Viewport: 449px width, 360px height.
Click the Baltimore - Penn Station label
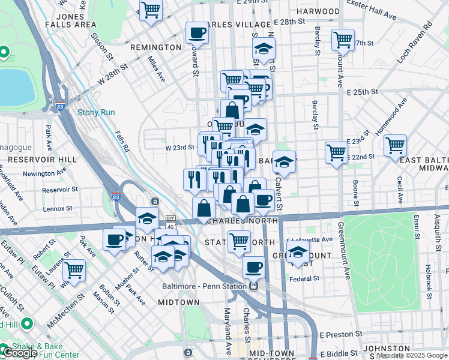(x=205, y=286)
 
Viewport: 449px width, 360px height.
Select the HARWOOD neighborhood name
(x=318, y=11)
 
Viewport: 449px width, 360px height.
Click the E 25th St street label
(x=362, y=92)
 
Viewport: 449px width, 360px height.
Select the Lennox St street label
(x=58, y=209)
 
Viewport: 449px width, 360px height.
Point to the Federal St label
(x=304, y=278)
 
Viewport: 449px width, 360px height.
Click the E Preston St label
(x=341, y=334)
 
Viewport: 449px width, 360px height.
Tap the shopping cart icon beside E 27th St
(x=343, y=40)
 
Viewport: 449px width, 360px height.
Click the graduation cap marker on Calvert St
(x=285, y=161)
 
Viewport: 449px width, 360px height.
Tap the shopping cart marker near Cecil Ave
(x=395, y=145)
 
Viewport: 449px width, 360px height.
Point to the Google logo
(x=20, y=353)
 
